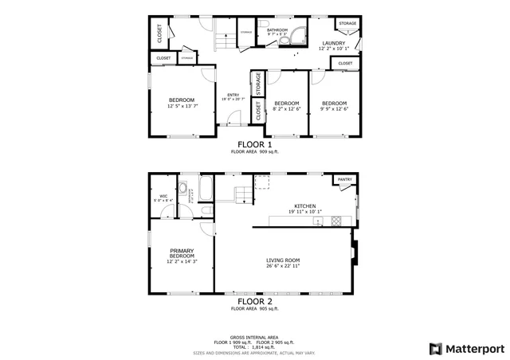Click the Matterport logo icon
click(x=434, y=348)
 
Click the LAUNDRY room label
click(x=333, y=43)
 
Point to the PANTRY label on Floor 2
click(x=344, y=180)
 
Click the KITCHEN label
click(x=305, y=205)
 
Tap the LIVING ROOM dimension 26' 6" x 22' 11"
click(x=282, y=266)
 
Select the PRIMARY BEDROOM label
click(x=182, y=252)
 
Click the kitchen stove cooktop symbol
click(x=335, y=221)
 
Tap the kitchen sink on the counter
click(x=318, y=221)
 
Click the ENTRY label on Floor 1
click(x=233, y=94)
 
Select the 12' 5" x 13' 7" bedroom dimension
click(x=182, y=106)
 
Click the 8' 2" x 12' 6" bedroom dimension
click(x=286, y=109)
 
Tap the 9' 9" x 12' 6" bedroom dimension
click(x=334, y=109)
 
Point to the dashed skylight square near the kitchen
click(x=261, y=183)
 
